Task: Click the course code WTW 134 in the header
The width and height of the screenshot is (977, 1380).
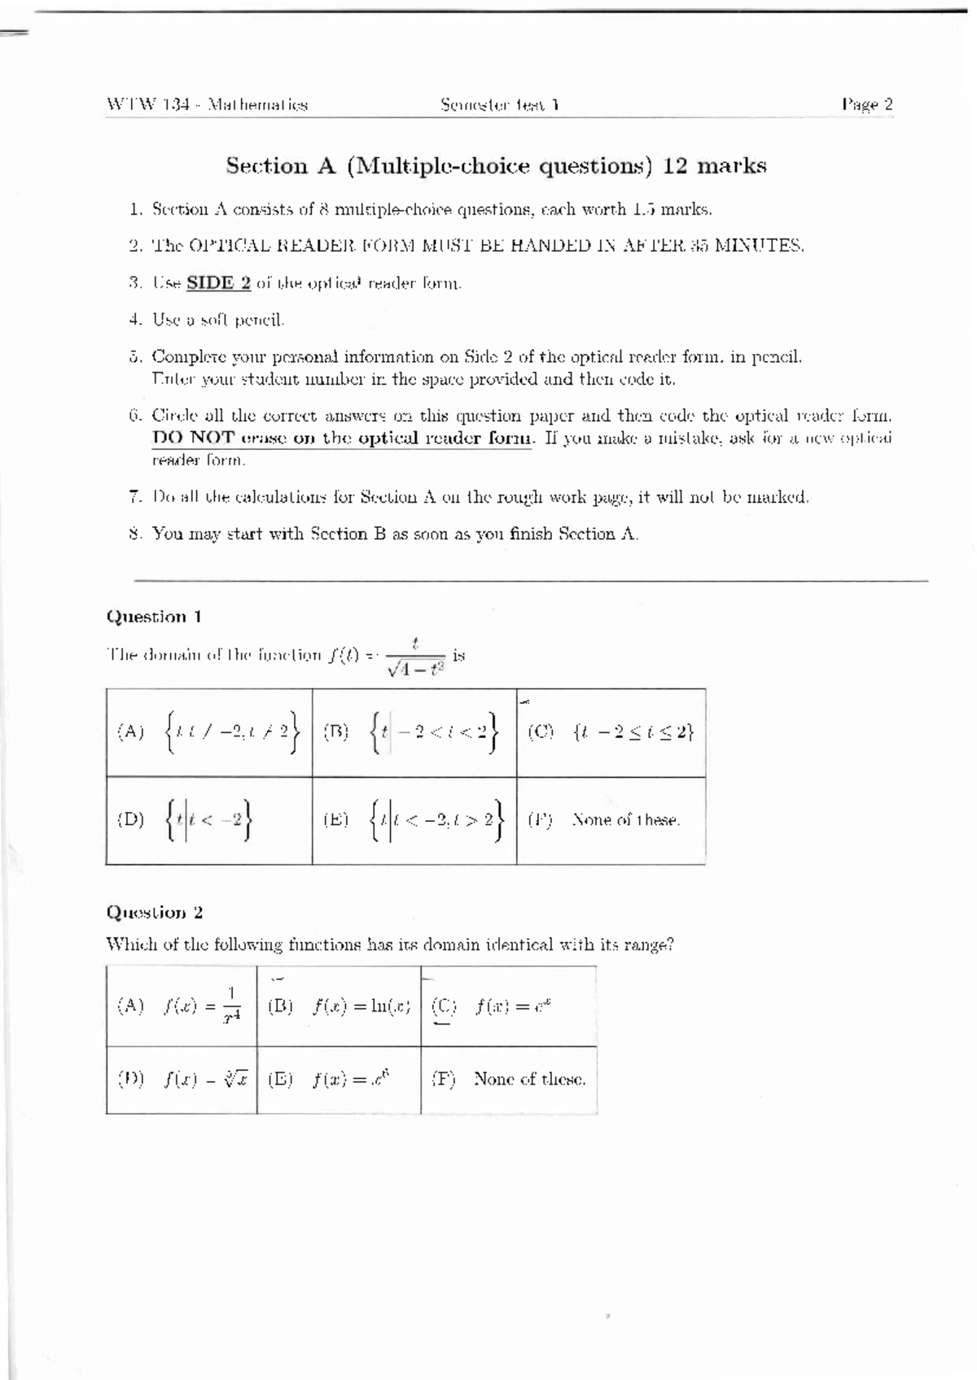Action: click(x=148, y=105)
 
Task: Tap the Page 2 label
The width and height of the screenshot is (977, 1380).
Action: click(x=867, y=104)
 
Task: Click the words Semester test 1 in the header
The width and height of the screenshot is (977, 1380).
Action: click(x=499, y=105)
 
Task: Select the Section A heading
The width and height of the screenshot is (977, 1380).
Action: click(x=496, y=166)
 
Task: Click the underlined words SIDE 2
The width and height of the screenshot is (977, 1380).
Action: click(x=218, y=283)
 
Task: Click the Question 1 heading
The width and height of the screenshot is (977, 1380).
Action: click(x=154, y=617)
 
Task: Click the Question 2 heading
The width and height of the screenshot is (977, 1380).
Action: click(x=154, y=912)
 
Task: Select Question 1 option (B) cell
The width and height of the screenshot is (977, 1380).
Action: click(x=414, y=732)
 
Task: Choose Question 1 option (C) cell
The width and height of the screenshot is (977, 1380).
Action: click(x=611, y=732)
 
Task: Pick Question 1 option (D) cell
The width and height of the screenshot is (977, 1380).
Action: click(x=208, y=820)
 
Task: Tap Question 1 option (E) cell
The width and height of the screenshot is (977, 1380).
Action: click(x=414, y=820)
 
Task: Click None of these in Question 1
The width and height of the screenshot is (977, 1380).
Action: click(x=625, y=820)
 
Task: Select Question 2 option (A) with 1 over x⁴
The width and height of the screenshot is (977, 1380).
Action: click(x=181, y=1007)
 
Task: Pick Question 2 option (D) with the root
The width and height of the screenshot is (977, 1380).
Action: click(x=181, y=1080)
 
